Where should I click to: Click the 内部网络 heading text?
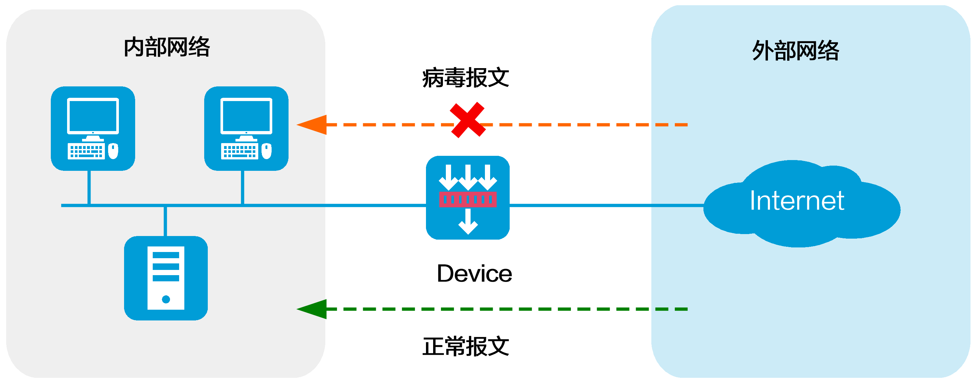click(167, 48)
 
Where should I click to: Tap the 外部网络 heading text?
click(796, 51)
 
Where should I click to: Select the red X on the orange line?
click(467, 120)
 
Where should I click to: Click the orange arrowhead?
click(313, 125)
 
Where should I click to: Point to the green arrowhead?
click(313, 309)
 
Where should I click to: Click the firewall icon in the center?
click(468, 198)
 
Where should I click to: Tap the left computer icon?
click(93, 128)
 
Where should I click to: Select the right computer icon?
click(246, 128)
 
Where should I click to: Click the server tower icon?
click(166, 278)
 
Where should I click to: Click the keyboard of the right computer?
click(239, 151)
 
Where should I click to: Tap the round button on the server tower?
click(166, 300)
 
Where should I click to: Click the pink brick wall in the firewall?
click(468, 199)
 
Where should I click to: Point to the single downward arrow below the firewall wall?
click(468, 222)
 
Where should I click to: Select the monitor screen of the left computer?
click(93, 115)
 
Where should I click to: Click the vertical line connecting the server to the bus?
click(165, 221)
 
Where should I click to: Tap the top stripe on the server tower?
click(166, 255)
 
